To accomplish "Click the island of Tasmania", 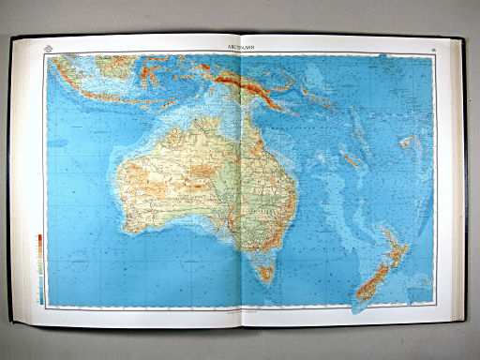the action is coord(265,273).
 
